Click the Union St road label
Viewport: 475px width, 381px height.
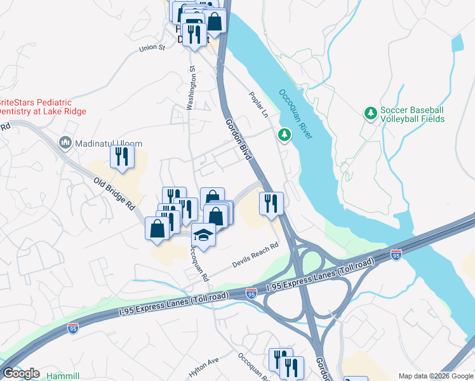(x=152, y=47)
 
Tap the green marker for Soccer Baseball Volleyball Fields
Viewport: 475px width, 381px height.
(x=370, y=114)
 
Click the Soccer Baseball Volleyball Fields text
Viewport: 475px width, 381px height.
(x=412, y=114)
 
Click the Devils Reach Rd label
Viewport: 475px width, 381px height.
(x=256, y=252)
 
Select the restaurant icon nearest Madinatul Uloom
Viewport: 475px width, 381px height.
(x=121, y=156)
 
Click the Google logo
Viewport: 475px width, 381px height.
(x=20, y=373)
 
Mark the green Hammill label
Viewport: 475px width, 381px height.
(x=63, y=376)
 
